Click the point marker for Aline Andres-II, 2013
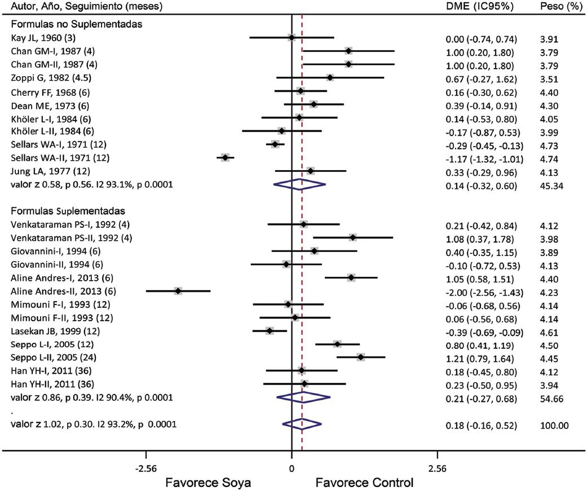(178, 291)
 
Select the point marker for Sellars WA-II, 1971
(225, 158)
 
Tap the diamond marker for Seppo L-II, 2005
(361, 357)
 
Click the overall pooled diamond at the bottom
(302, 424)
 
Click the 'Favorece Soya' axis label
(208, 483)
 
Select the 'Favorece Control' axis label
(364, 483)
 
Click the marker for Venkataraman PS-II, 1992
(352, 237)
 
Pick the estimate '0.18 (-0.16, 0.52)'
(481, 424)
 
